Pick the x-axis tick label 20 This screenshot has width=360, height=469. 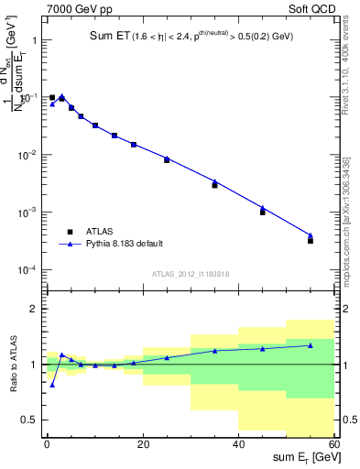coord(142,444)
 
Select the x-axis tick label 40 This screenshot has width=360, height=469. coord(238,444)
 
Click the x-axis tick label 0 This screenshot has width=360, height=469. coord(47,444)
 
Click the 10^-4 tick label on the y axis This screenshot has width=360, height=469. coord(27,270)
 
